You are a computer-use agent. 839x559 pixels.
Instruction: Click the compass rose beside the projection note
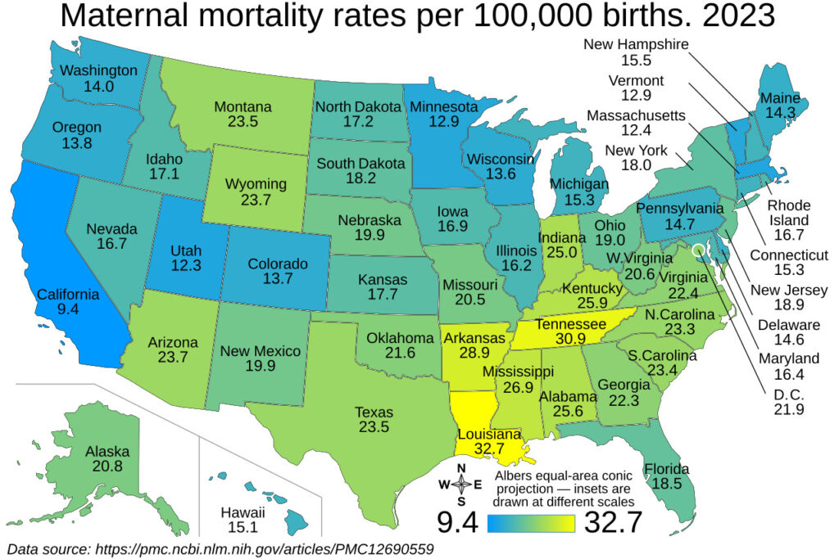click(x=460, y=485)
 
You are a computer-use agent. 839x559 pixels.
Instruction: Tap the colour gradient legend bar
click(x=531, y=524)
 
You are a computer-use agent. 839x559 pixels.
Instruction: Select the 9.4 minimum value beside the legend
click(x=457, y=522)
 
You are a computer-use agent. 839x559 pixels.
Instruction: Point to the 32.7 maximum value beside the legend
click(x=613, y=522)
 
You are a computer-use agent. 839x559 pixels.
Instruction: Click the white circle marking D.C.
click(x=698, y=250)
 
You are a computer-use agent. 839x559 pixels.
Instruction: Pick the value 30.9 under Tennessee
click(x=570, y=338)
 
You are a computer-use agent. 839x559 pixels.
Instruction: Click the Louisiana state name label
click(x=489, y=435)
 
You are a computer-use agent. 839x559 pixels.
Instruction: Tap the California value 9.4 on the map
click(x=68, y=309)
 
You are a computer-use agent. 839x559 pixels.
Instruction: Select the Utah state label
click(x=186, y=250)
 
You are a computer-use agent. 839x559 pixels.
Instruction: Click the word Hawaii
click(x=243, y=512)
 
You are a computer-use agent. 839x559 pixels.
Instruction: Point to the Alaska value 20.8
click(x=107, y=466)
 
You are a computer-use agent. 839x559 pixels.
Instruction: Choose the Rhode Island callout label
click(x=789, y=213)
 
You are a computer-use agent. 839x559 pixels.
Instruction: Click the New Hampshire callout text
click(x=636, y=44)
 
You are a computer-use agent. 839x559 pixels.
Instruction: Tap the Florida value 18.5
click(x=667, y=484)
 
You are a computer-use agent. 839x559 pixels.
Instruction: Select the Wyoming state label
click(x=256, y=184)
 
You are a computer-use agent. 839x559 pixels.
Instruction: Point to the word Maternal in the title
click(x=125, y=16)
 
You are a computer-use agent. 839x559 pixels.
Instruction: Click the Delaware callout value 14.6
click(x=789, y=340)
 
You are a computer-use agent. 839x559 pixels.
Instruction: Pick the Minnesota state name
click(x=443, y=107)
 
